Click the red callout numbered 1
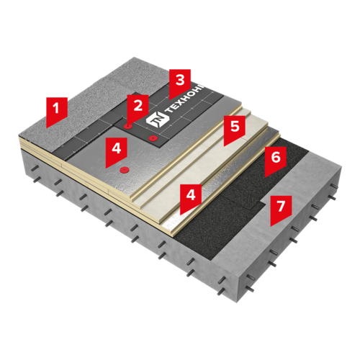point(57,110)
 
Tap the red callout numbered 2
point(138,108)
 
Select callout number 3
point(180,83)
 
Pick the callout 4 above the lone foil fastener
point(116,150)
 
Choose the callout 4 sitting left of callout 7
point(191,197)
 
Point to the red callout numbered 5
point(235,129)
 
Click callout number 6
point(276,161)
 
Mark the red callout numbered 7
point(281,209)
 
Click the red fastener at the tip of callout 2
point(127,126)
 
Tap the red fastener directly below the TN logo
point(153,138)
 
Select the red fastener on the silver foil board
point(125,170)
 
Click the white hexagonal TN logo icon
point(156,118)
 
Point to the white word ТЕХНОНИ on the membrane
point(185,99)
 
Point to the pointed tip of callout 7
point(271,226)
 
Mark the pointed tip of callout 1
point(47,127)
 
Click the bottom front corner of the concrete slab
point(238,302)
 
